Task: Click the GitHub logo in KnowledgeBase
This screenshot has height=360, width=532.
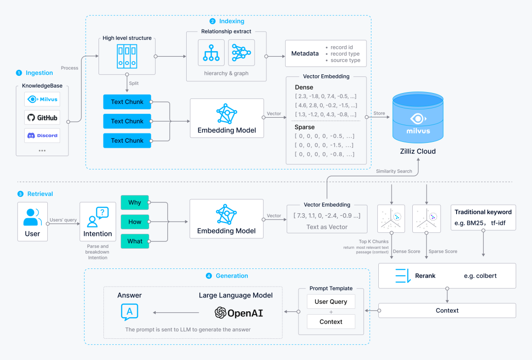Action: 42,118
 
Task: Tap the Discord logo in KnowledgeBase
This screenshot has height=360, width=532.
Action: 42,135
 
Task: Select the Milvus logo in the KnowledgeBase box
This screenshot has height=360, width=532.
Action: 42,99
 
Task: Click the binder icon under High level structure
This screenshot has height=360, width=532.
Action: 127,56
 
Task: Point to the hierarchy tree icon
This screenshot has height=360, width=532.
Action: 211,53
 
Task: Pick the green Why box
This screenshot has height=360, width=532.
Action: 134,202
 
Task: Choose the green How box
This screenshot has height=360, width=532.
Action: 134,222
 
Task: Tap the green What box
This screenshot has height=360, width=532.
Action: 134,241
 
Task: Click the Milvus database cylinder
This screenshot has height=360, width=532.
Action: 418,117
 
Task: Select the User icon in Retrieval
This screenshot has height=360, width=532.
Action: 32,217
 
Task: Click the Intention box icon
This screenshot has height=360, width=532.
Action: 98,217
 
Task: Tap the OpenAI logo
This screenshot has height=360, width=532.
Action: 239,313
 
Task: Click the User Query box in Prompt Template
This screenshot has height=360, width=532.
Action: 331,301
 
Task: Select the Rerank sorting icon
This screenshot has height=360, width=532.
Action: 403,276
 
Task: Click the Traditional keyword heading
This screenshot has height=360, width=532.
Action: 483,212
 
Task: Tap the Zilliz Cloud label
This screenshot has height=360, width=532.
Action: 418,151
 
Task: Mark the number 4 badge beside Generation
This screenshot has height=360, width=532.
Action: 209,276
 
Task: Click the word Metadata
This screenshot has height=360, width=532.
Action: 305,54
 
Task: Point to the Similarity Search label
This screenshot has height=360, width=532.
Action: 394,171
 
